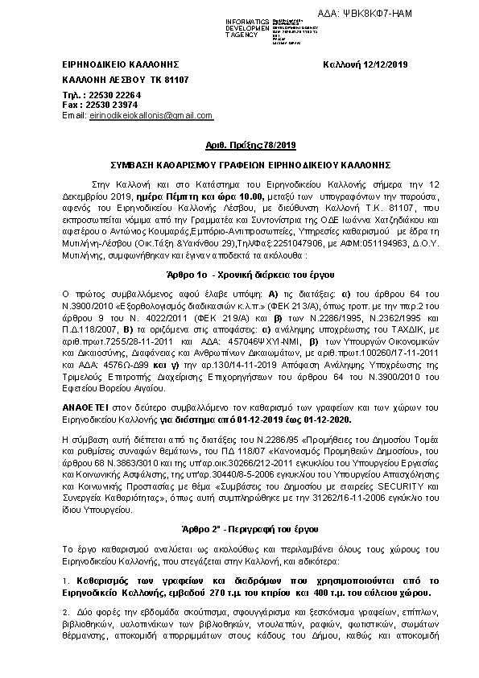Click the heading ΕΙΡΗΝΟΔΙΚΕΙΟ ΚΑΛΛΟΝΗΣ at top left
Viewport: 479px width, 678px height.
[120, 64]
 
